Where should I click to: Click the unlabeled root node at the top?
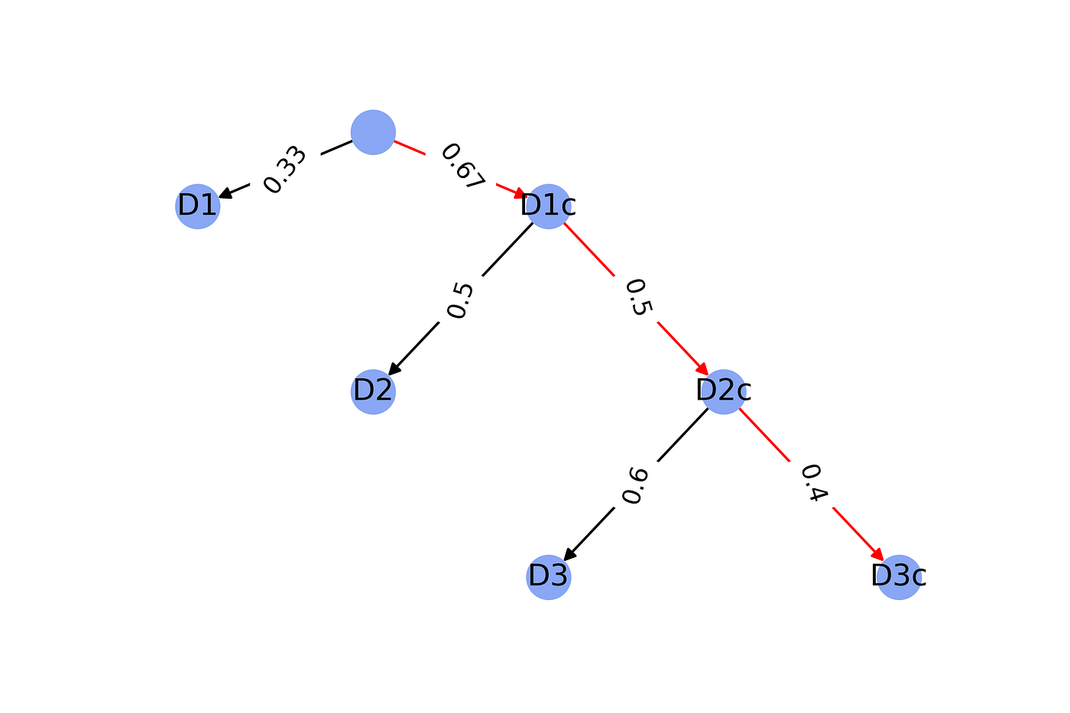coord(373,132)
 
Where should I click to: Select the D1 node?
coord(198,206)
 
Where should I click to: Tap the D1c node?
coord(549,206)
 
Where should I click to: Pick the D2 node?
coord(373,391)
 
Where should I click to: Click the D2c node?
coord(724,391)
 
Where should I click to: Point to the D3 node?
coord(549,577)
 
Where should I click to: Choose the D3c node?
coord(899,577)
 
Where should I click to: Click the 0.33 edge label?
coord(284,170)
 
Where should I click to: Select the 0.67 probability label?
coord(462,166)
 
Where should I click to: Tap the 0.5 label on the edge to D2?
coord(460,300)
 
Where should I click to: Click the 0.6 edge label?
coord(635,486)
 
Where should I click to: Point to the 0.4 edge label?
coord(814,483)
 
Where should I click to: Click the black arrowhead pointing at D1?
coord(225,193)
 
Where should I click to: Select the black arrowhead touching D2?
coord(394,369)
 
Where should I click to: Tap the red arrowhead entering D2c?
coord(702,369)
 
